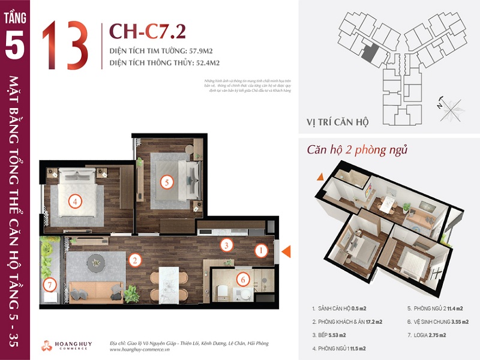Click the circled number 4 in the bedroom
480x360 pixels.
point(74,202)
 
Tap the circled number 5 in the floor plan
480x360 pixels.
point(167,182)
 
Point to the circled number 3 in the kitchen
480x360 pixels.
point(226,245)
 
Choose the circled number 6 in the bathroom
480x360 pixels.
point(242,279)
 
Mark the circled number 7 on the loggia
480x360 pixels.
point(50,284)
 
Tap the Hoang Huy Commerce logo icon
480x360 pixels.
point(47,345)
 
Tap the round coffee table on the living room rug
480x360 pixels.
point(95,262)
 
